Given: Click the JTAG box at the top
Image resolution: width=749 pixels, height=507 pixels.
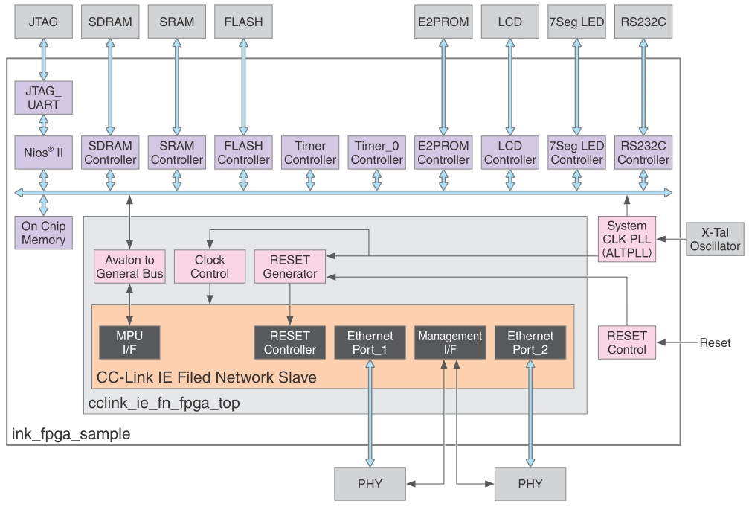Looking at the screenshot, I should [x=42, y=22].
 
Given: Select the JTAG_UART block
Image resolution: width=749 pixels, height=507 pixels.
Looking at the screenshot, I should [x=43, y=98].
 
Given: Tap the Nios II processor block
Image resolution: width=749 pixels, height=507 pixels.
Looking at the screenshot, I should [x=43, y=153].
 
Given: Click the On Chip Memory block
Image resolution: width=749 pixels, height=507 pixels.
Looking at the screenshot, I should [x=43, y=233].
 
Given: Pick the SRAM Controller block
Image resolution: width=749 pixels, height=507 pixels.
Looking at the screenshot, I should [x=177, y=153].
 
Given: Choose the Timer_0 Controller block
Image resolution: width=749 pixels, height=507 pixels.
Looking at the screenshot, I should [x=377, y=153].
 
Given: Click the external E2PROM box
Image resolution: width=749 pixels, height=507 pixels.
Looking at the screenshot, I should [x=443, y=22].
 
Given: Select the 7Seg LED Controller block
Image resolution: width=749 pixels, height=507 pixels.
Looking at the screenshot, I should [x=576, y=153].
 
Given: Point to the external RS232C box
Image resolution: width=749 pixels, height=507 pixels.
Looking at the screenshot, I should [x=643, y=22].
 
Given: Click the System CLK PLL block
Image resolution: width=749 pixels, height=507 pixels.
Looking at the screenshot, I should [x=626, y=239].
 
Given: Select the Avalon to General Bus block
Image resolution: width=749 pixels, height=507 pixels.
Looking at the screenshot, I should [x=129, y=267].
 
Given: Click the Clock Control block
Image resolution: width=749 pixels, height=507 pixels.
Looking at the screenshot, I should [x=210, y=267].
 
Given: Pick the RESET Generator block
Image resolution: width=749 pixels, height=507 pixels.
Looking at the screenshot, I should [x=290, y=267].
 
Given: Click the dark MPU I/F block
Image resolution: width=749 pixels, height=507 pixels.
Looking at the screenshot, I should [x=129, y=342].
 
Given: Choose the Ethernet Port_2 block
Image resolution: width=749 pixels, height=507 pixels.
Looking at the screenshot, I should [x=530, y=342].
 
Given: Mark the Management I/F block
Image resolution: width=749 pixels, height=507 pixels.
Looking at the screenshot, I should [x=450, y=342].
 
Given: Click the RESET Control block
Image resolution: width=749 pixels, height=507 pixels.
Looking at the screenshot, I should [x=626, y=342].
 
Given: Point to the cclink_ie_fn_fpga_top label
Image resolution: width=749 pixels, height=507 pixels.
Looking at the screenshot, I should [x=164, y=403].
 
